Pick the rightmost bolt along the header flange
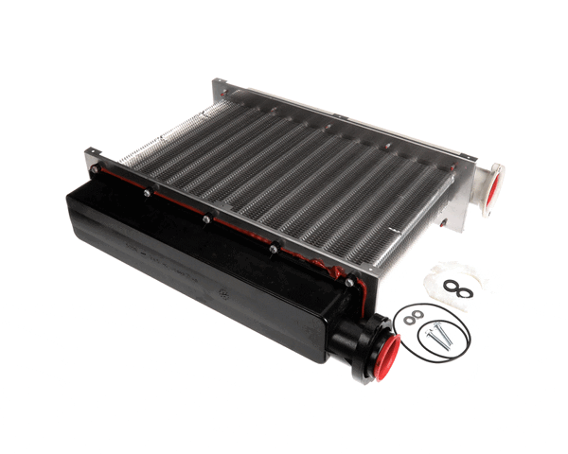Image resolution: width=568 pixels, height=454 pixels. pyautogui.click(x=350, y=282)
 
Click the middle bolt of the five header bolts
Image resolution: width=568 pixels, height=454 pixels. pyautogui.click(x=205, y=219)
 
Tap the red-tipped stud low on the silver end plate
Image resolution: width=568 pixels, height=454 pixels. pyautogui.click(x=442, y=227)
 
